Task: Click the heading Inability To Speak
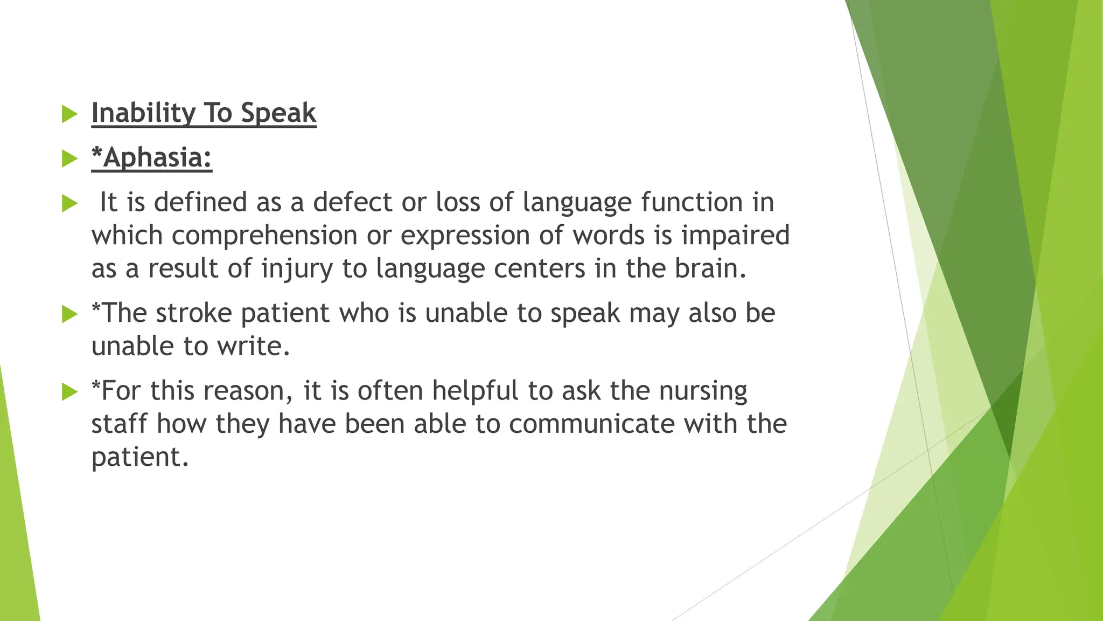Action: [204, 113]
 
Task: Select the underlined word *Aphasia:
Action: [152, 158]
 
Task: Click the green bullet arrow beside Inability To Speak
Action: [70, 114]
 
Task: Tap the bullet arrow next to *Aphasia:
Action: [70, 158]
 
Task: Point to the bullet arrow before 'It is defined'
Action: [70, 203]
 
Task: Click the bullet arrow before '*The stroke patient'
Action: [70, 314]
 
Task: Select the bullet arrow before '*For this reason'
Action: [70, 391]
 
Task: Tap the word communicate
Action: [591, 424]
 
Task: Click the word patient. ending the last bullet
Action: [140, 458]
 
